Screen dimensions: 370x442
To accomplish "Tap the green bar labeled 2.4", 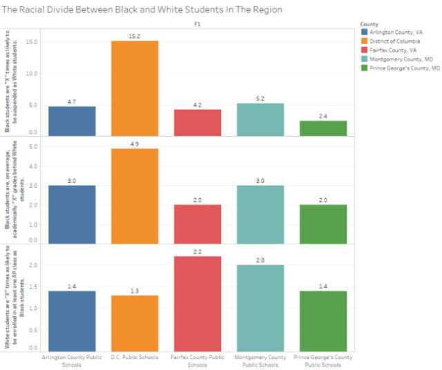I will click(x=323, y=128).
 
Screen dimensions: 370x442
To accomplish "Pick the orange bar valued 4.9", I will click(x=135, y=195).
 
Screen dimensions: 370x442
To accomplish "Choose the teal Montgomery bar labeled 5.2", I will click(x=260, y=119).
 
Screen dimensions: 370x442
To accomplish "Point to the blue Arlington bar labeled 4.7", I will click(x=72, y=121).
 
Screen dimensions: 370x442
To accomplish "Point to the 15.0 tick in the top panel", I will click(x=31, y=41).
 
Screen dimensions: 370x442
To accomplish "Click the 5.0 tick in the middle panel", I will click(x=32, y=147).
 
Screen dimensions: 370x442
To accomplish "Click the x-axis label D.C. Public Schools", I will click(x=135, y=358).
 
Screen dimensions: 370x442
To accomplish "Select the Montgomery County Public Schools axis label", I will click(x=260, y=361).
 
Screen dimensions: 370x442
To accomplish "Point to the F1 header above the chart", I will click(x=197, y=24).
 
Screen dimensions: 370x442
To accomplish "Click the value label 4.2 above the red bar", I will click(x=198, y=104).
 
